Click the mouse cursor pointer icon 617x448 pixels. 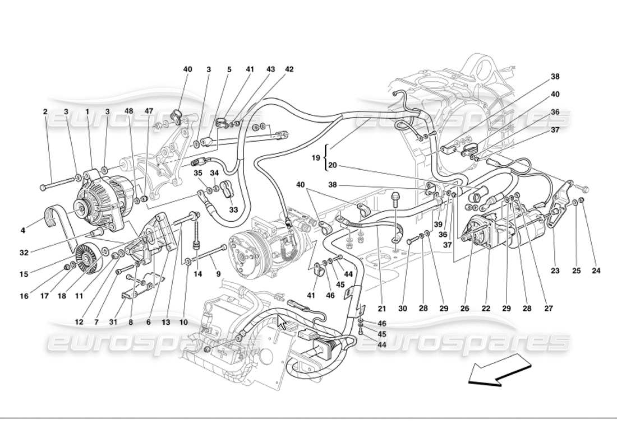point(282,323)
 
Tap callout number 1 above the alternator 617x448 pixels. point(88,111)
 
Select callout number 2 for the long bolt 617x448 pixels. point(45,111)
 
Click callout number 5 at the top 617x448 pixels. point(229,69)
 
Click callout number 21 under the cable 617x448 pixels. point(383,308)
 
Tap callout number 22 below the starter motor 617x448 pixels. point(486,308)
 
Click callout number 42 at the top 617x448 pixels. point(289,69)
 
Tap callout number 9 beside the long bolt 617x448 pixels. point(218,274)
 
